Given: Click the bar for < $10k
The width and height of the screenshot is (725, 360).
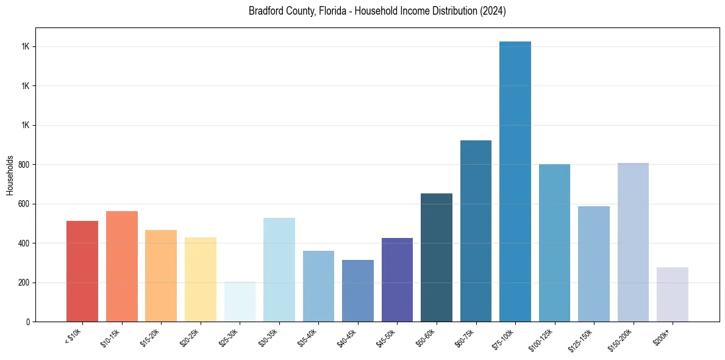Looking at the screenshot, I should (82, 272).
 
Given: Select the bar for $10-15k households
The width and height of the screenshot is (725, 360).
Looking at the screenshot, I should (122, 267).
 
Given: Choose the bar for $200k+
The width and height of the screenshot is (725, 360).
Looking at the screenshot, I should (673, 295).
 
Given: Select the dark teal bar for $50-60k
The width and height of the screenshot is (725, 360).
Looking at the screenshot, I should (437, 257).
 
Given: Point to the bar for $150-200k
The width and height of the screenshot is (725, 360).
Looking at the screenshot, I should (633, 242).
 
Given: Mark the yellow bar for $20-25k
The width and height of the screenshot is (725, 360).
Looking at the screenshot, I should (201, 279).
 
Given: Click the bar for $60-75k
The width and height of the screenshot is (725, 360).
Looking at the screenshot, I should (476, 231).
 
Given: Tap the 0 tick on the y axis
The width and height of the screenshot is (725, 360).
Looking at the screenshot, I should (27, 322).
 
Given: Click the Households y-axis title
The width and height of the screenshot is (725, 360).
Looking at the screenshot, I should (10, 175).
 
